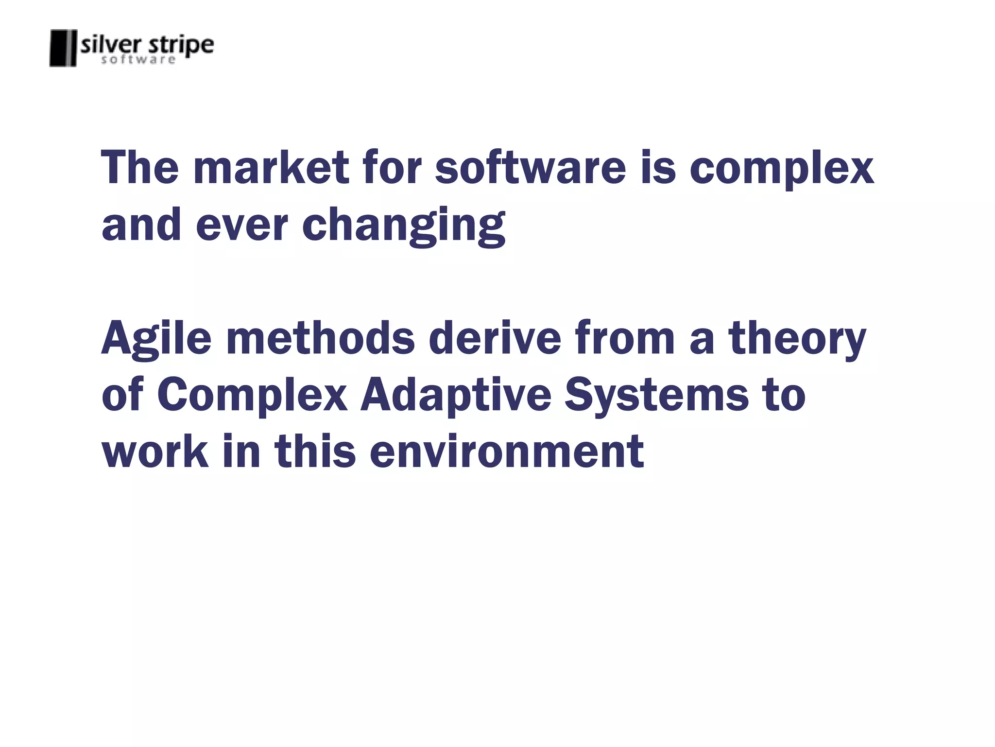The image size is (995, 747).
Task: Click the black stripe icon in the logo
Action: (63, 48)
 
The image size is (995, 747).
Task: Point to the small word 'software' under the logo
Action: (138, 60)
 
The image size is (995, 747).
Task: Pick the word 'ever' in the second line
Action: (242, 226)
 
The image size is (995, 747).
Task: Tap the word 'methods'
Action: (321, 338)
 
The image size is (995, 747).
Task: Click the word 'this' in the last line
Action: (315, 452)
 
